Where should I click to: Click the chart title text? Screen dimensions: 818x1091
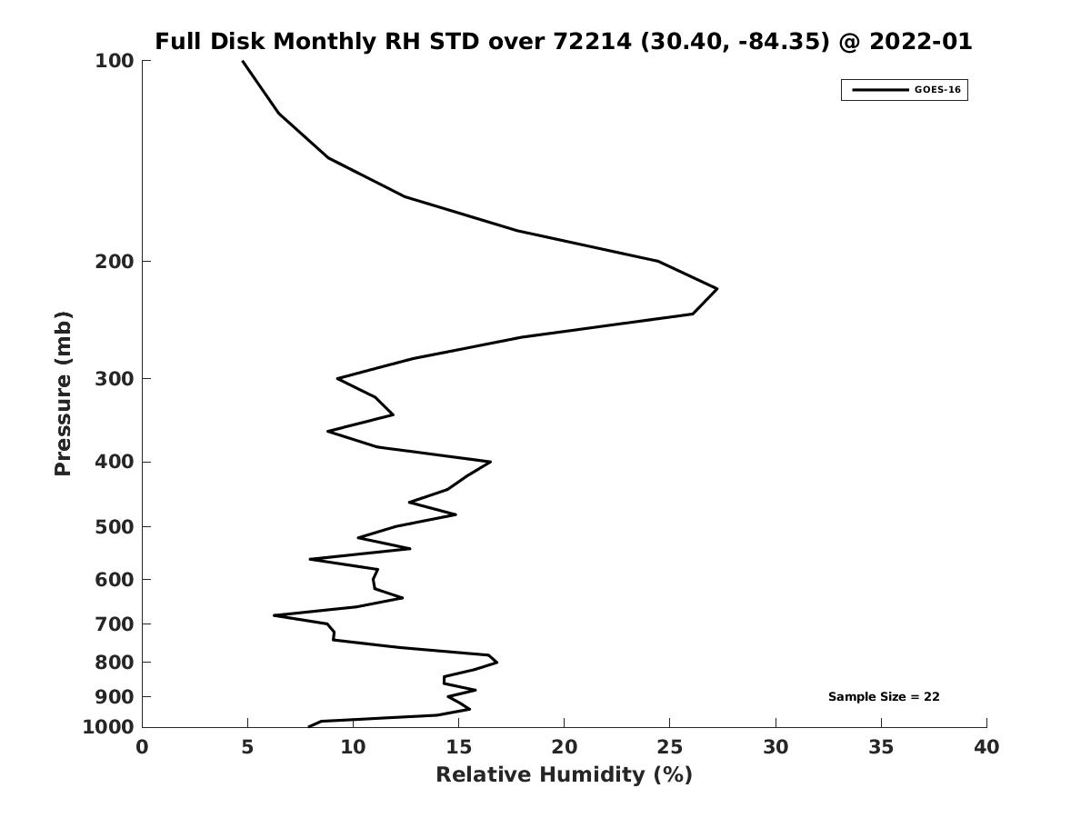[x=563, y=42]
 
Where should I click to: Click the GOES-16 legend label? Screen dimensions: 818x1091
[x=937, y=90]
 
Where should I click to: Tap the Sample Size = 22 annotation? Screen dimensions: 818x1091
[x=884, y=697]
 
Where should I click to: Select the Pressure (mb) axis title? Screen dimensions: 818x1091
[x=63, y=394]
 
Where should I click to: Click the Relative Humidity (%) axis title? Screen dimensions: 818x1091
[x=564, y=774]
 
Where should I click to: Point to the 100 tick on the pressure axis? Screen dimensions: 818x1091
[x=115, y=61]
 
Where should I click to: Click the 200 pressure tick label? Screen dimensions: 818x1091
[x=115, y=262]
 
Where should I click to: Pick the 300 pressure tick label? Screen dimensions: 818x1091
[x=115, y=379]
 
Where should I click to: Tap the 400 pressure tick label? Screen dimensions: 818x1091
[x=115, y=463]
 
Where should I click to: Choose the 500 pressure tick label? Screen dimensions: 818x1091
[x=115, y=527]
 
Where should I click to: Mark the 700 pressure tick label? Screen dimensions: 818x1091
[x=115, y=624]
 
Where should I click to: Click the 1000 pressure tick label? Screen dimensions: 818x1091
[x=108, y=727]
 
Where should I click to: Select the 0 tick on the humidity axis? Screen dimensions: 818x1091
[x=142, y=748]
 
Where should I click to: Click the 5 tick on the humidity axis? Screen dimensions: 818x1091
[x=247, y=748]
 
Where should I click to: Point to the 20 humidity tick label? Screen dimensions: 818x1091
[x=564, y=748]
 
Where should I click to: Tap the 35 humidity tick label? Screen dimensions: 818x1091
[x=881, y=748]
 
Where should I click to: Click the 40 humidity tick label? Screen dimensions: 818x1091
[x=986, y=748]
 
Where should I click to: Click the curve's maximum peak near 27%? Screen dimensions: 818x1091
[x=716, y=289]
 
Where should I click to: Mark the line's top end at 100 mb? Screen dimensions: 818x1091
[x=243, y=61]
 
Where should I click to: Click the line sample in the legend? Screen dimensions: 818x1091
[x=880, y=90]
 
